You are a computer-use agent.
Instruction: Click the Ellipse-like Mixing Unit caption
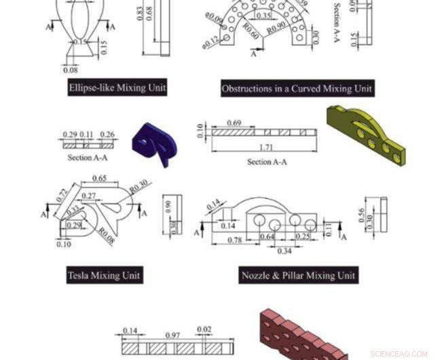[117, 88]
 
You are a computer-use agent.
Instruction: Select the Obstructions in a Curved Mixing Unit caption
[297, 88]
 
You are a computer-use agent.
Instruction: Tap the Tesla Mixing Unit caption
[104, 275]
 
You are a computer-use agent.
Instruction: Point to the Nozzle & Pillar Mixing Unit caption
[298, 275]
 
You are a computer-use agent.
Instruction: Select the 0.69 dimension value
[234, 123]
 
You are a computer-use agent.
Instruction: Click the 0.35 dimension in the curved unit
[264, 14]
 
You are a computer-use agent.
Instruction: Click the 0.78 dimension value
[234, 240]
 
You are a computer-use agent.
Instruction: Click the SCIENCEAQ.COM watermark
[403, 354]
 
